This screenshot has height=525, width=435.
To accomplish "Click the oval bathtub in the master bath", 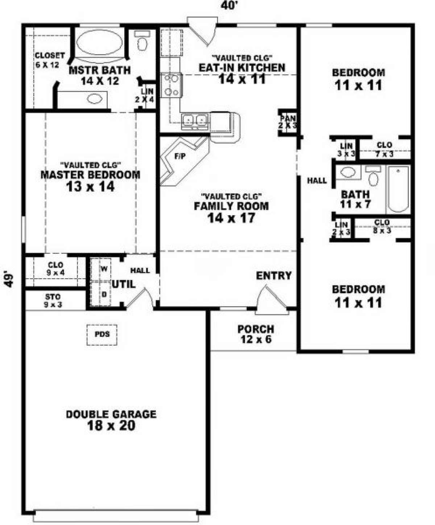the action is pos(100,42).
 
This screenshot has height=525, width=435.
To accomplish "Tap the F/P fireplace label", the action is pos(180,157).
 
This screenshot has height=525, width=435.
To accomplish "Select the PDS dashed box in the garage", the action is pos(102,335).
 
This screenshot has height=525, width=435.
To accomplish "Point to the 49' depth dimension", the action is pos(9,279).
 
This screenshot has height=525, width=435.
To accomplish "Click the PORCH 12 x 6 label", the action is pos(256,334).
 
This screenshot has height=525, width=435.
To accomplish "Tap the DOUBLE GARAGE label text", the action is pos(111,414).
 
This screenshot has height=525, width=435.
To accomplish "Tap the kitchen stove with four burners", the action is pos(172,86).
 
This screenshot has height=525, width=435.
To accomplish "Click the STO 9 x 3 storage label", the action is pos(53,301).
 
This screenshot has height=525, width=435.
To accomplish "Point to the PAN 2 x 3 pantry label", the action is pos(287,122).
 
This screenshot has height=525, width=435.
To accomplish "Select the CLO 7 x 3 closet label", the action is pos(384,150).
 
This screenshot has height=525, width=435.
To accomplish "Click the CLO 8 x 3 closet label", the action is pos(382,226).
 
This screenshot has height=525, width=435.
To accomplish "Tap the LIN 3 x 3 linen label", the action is pos(346,150).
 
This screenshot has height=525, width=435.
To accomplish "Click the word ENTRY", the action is pos(274,276).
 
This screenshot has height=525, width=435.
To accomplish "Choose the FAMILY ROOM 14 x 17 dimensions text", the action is pos(231,218).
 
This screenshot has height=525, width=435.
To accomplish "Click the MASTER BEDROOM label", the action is pos(90,175).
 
